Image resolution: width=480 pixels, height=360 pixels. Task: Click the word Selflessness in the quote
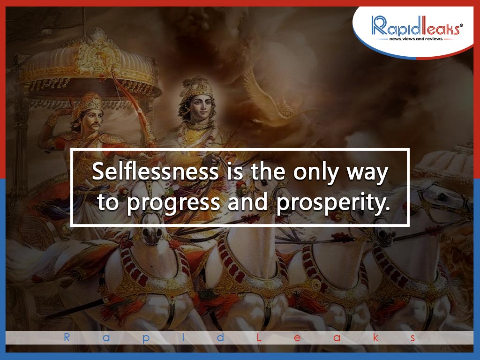pos(155,171)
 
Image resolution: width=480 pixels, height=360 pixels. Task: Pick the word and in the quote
pos(247,202)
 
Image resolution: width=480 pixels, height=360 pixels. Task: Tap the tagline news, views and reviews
pos(416,39)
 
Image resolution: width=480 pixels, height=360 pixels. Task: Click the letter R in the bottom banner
pos(67,337)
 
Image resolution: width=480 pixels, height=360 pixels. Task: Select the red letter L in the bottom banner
pos(259,337)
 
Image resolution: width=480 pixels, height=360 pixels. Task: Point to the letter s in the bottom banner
pos(413,338)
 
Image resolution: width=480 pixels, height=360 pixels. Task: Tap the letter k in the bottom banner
pos(375,337)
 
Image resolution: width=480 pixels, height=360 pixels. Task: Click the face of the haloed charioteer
pos(201,107)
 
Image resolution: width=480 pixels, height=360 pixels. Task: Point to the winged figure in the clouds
pos(270,98)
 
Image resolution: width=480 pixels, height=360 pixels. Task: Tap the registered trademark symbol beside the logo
pos(461,26)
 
